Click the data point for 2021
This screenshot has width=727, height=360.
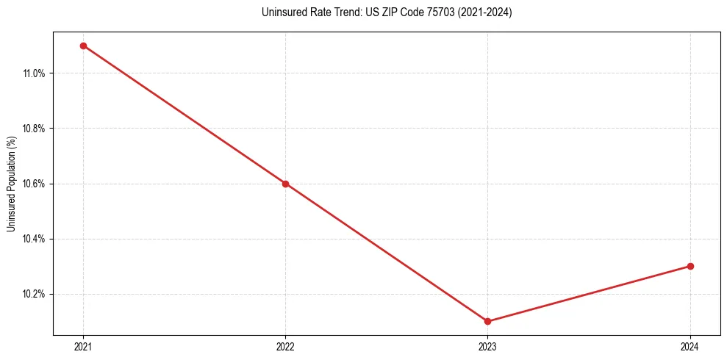coord(83,46)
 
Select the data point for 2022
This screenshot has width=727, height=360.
coord(285,184)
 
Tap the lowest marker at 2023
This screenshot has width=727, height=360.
coord(487,321)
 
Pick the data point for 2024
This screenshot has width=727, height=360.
coord(690,266)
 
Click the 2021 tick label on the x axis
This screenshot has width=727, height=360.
coord(83,347)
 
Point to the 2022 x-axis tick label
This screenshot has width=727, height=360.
coord(285,347)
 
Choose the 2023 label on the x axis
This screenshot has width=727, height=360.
coord(487,347)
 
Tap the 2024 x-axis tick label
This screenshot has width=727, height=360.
coord(690,347)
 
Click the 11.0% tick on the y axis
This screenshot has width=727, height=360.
coord(35,73)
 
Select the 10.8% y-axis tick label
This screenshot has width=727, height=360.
coord(35,129)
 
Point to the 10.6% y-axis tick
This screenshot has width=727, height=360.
coord(35,184)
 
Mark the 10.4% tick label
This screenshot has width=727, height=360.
coord(35,239)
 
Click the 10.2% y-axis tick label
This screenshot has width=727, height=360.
coord(35,294)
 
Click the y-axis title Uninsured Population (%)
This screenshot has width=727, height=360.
coord(11,184)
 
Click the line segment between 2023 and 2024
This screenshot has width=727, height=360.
coord(589,294)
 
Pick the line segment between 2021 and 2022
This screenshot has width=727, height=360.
coord(184,115)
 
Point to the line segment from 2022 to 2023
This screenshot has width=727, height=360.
coord(386,252)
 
